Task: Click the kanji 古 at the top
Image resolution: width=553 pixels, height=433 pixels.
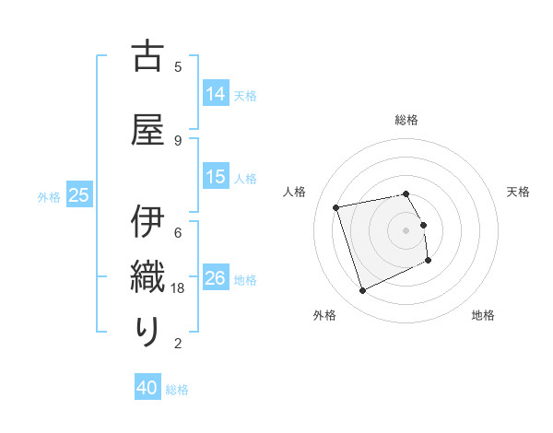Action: click(147, 56)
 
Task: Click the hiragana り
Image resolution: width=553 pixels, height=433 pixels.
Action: click(147, 331)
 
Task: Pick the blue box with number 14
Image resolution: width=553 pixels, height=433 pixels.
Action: click(216, 94)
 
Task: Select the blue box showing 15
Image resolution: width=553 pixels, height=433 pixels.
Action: click(216, 177)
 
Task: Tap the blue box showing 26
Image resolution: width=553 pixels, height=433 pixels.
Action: click(216, 278)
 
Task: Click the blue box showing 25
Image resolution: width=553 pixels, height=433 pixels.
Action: click(79, 195)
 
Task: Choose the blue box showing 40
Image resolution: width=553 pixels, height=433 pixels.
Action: click(147, 389)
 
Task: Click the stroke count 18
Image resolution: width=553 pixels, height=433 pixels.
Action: click(179, 287)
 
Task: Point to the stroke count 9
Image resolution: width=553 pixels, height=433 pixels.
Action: click(178, 140)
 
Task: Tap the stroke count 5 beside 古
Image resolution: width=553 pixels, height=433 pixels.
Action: click(178, 66)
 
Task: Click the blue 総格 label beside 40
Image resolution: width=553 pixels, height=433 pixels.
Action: click(177, 390)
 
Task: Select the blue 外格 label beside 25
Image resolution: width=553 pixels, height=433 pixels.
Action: click(49, 196)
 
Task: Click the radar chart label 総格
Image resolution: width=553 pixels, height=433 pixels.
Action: click(406, 120)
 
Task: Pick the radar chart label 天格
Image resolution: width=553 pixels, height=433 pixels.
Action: click(518, 192)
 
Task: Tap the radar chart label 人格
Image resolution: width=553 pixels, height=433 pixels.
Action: click(295, 192)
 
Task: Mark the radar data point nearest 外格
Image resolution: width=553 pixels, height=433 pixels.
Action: click(362, 291)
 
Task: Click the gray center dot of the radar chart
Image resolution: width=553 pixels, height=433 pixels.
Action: click(406, 229)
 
